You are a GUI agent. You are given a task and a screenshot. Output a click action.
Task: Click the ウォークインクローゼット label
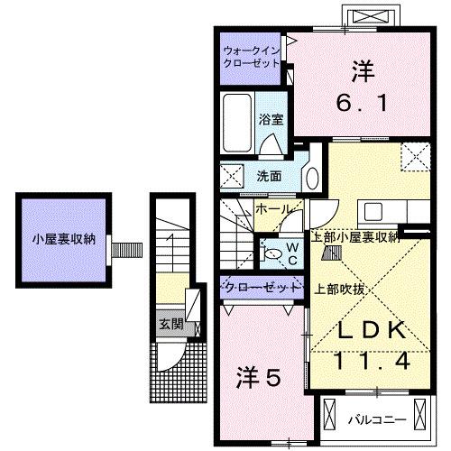[252, 56]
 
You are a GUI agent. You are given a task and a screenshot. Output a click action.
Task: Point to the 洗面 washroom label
[268, 176]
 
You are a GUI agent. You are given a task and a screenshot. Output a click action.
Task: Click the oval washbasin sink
[309, 178]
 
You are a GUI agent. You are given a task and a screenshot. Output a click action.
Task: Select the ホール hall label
[272, 209]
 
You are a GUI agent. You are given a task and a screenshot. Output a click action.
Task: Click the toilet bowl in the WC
[271, 254]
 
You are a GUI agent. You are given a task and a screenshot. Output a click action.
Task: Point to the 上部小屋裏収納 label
[355, 237]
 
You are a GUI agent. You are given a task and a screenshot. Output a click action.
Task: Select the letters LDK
[364, 331]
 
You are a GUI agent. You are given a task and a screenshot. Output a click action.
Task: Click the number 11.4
[364, 363]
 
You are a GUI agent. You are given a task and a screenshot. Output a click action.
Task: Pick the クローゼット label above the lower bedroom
[261, 287]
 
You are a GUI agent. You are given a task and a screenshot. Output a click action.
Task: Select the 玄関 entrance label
[170, 324]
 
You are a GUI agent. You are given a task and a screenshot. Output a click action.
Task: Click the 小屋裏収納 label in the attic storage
[58, 240]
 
